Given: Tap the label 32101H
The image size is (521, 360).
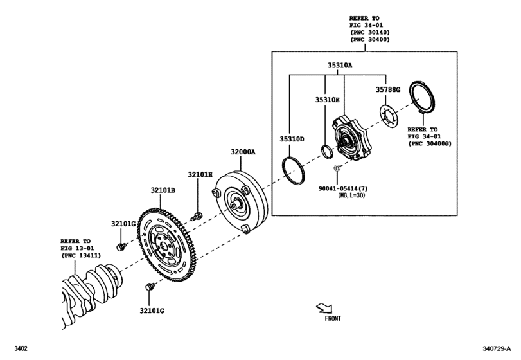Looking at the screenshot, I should point(200,174).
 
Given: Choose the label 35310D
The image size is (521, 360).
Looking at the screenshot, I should point(292,138).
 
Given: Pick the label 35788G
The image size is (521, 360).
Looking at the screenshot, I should point(388,90).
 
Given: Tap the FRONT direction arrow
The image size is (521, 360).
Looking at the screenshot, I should point(326,309).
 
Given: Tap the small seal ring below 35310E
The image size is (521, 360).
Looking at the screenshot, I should point(327,152).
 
